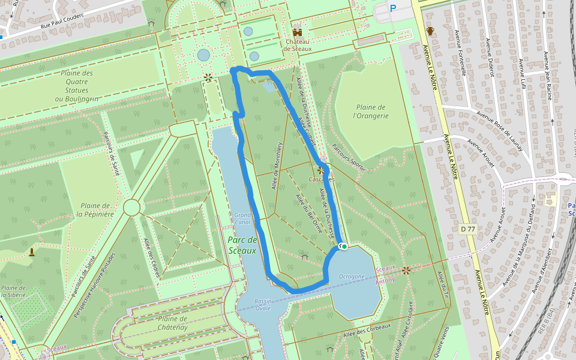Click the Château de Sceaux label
tap(298, 45)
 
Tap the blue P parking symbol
tap(394, 8)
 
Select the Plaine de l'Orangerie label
tap(370, 112)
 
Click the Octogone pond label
tap(352, 277)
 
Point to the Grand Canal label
tap(242, 218)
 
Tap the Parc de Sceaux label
tap(242, 245)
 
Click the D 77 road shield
tap(469, 229)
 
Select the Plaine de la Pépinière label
tap(95, 210)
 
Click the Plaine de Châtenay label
tap(164, 323)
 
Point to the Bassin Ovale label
tap(263, 304)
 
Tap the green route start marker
tap(344, 246)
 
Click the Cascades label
tap(322, 179)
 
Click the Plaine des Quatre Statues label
tap(77, 86)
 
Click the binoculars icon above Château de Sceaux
tap(297, 32)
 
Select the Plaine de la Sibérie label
tap(13, 292)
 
